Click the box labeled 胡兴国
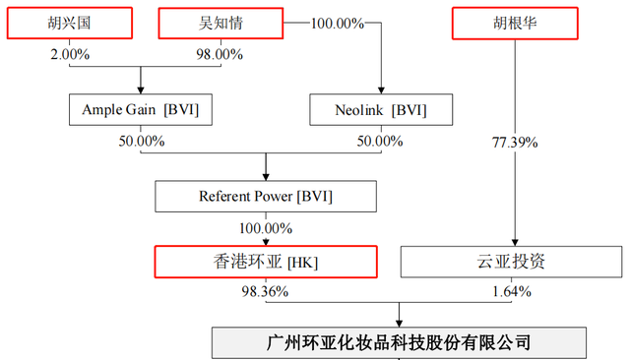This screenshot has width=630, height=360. pyautogui.click(x=69, y=23)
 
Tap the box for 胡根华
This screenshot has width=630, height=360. pyautogui.click(x=513, y=23)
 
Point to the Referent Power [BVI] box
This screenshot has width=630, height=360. pyautogui.click(x=266, y=196)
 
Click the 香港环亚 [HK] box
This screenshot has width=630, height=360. pyautogui.click(x=266, y=261)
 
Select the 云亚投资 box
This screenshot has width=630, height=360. pyautogui.click(x=513, y=261)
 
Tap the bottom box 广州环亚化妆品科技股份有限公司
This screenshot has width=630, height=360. pyautogui.click(x=399, y=342)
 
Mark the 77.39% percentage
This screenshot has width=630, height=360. pyautogui.click(x=514, y=143)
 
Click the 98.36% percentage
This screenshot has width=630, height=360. pyautogui.click(x=265, y=291)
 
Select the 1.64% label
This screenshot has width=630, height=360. pyautogui.click(x=512, y=291)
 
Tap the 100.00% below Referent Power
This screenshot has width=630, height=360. pyautogui.click(x=265, y=227)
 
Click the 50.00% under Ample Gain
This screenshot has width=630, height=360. pyautogui.click(x=139, y=140)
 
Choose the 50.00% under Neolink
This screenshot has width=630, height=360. pyautogui.click(x=379, y=140)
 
